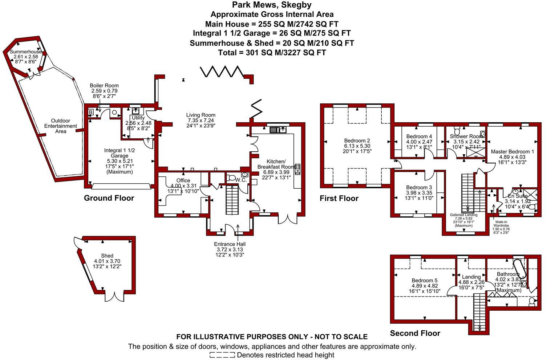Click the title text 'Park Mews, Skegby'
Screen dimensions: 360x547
pos(272,5)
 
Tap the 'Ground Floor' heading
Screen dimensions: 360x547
pos(109,198)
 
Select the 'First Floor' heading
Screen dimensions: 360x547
pos(339,199)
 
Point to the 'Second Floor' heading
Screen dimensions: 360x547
pos(415,333)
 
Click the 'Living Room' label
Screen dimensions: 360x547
pos(200,115)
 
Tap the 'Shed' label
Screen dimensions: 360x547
pos(107,256)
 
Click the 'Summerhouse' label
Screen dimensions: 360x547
pos(25,52)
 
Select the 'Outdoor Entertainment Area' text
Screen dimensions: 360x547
pos(61,126)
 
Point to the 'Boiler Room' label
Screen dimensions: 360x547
pos(104,86)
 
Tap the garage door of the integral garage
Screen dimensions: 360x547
pos(121,187)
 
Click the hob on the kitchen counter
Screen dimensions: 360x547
pos(297,169)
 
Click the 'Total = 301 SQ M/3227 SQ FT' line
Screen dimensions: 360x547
pos(272,53)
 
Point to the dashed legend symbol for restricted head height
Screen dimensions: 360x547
pos(222,355)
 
